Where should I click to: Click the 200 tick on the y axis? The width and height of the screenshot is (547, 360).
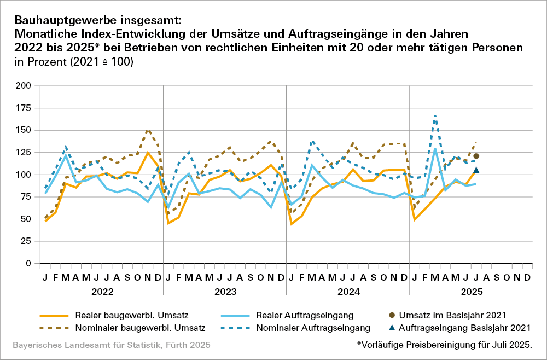24,86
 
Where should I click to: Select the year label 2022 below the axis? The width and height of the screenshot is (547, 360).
102,292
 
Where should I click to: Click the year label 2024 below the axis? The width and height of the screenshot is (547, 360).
348,292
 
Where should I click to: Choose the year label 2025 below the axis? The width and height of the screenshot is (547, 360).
472,292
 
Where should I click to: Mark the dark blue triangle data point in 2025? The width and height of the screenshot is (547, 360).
476,170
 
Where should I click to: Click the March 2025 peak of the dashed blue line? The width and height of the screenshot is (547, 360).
435,115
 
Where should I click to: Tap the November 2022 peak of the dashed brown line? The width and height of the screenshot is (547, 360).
148,130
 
